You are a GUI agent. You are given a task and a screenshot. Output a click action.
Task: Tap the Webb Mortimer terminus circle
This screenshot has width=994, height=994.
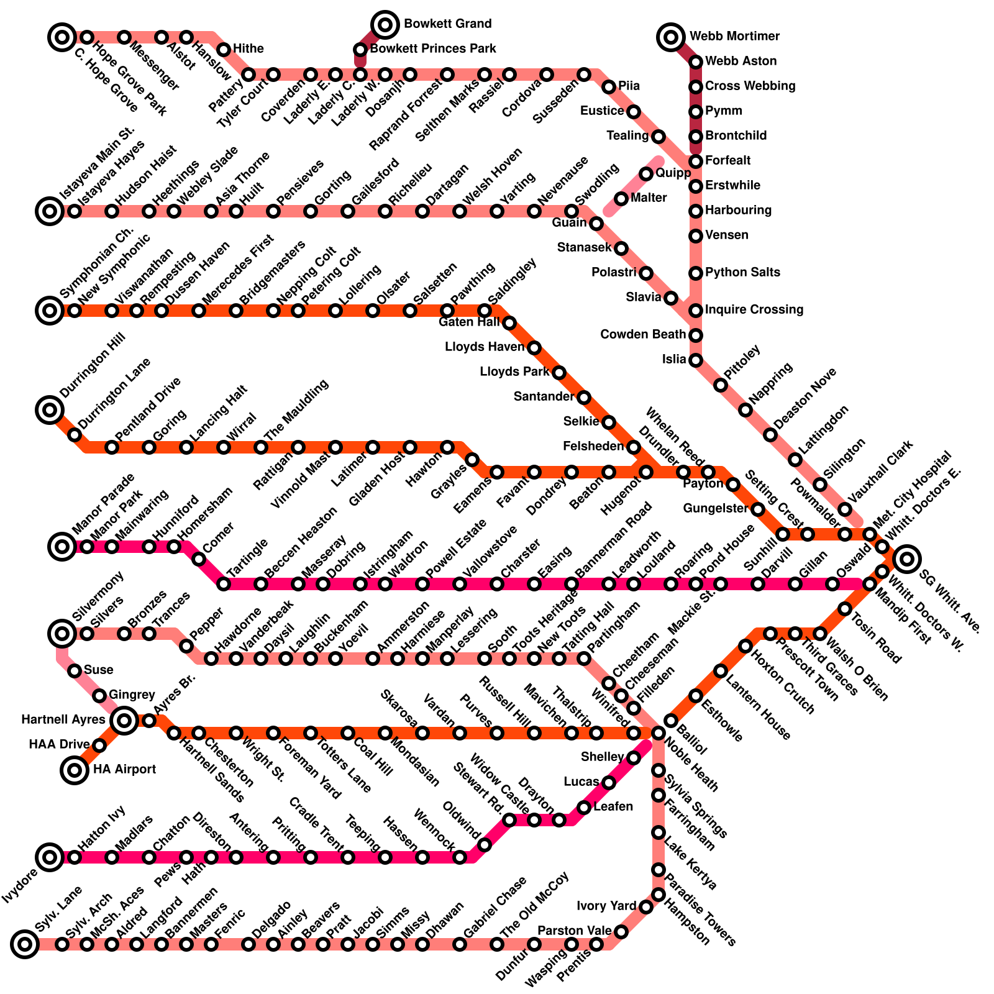pos(671,37)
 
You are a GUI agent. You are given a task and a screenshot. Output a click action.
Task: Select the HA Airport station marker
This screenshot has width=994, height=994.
pos(75,770)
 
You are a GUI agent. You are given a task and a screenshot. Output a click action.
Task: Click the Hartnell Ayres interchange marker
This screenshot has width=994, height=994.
pos(124,721)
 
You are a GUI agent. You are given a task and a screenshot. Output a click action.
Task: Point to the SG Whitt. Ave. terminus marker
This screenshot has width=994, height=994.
pos(907,559)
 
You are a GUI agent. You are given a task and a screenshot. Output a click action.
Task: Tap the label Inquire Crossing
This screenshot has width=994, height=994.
pos(754,309)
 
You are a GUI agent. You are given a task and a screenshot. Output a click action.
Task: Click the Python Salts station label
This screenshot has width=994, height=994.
pos(742,272)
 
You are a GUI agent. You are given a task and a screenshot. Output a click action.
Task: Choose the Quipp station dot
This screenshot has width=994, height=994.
pos(646,174)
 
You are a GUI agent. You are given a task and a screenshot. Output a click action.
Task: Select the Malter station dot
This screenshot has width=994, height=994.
pos(621,199)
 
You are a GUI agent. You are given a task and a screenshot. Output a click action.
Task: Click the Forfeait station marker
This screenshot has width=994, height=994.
pos(696,162)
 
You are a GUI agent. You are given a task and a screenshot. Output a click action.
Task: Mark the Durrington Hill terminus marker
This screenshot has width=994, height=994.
pos(50,410)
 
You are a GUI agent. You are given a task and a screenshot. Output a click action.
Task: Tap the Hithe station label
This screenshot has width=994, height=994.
pos(248,48)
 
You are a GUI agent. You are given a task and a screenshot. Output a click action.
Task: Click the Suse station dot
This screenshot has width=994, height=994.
pos(75,671)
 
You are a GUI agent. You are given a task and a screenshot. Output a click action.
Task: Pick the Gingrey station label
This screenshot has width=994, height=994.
pos(132,695)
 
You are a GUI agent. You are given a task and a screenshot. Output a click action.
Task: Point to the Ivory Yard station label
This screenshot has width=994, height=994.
pos(606,906)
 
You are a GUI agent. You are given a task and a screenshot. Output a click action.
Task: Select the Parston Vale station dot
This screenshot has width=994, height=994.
pos(621,932)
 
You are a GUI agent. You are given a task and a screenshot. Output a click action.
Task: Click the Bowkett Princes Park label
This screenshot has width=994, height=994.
pos(433,48)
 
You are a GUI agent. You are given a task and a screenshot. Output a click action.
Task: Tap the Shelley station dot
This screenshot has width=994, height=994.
pos(634,758)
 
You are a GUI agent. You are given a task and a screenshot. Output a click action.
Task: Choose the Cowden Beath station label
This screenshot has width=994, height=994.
pos(643,334)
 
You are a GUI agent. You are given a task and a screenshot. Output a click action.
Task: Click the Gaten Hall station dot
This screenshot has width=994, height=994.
pos(509,323)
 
